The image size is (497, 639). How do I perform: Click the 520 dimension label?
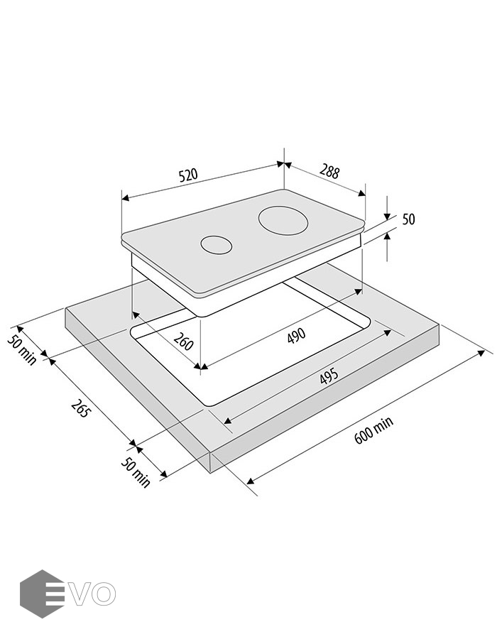[188, 175]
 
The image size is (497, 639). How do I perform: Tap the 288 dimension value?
[329, 172]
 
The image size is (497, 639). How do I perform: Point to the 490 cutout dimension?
[296, 335]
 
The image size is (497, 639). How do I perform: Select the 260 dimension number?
[183, 341]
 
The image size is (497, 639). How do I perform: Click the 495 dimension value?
[329, 376]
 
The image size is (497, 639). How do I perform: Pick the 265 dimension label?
[80, 408]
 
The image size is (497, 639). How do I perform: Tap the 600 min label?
[374, 430]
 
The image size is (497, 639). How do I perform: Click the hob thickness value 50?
[408, 219]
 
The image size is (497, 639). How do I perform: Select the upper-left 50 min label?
[22, 349]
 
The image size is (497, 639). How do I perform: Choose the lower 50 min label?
[136, 472]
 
